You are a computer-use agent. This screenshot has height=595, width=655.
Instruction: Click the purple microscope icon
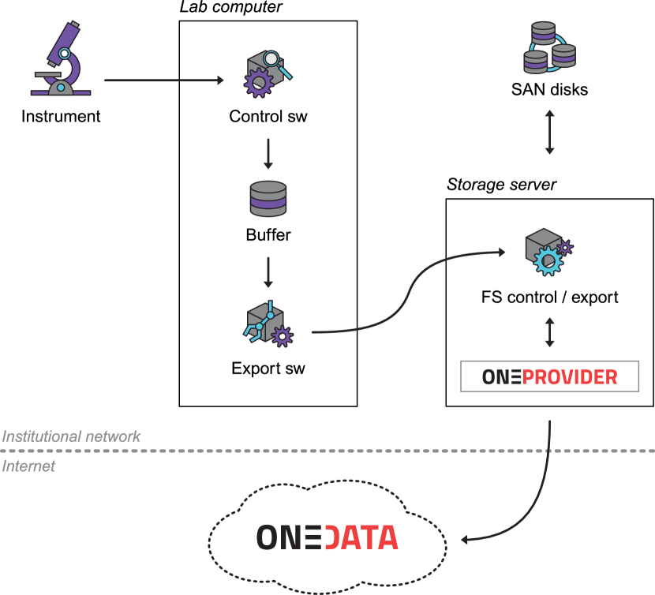point(60,62)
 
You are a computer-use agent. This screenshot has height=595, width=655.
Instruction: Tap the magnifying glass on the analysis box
point(273,59)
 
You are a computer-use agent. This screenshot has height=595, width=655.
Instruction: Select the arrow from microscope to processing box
point(164,80)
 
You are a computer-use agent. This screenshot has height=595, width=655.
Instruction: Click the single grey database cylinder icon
point(268,198)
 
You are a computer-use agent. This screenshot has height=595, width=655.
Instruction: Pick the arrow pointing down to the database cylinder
point(268,154)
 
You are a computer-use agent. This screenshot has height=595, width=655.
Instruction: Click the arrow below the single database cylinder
point(268,272)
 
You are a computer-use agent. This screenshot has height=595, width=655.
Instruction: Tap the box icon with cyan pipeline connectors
point(264,324)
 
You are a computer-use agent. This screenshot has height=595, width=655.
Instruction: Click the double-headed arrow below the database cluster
point(549,132)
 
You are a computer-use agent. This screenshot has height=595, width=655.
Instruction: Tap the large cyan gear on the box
point(548,261)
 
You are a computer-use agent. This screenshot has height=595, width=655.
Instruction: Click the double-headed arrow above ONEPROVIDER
point(549,332)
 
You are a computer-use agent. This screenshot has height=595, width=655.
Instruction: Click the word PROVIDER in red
point(570,377)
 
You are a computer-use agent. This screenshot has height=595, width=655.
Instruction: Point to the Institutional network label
point(71,436)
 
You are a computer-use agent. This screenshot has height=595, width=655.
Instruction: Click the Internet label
point(28,466)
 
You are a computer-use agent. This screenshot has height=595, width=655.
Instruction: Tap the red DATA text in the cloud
point(361,537)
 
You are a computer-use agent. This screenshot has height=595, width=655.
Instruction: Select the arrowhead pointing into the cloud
point(466,540)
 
